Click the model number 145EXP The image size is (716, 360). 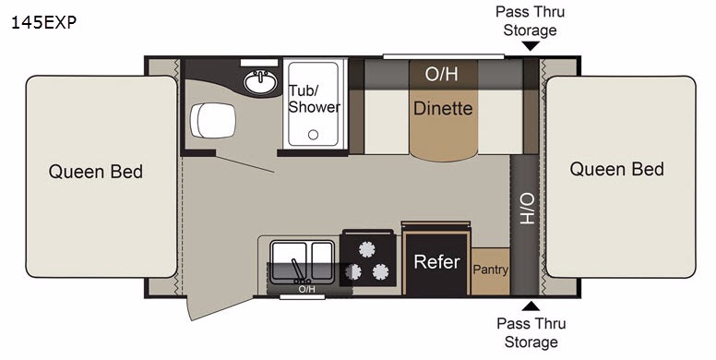click(43, 22)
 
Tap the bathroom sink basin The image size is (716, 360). click(260, 82)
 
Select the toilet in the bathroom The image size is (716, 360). click(213, 120)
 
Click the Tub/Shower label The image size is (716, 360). click(314, 99)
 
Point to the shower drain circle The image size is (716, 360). click(313, 135)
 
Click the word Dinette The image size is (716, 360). click(443, 108)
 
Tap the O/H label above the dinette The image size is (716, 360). click(441, 73)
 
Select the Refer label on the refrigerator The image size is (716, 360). click(436, 262)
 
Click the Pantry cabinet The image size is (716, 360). click(491, 271)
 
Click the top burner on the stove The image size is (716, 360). click(366, 249)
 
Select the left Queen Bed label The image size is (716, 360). click(96, 172)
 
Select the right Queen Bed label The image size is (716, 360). click(616, 170)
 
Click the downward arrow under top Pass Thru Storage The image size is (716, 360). click(531, 46)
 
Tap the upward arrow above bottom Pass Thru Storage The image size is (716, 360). click(531, 306)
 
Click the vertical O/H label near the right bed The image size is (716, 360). click(527, 209)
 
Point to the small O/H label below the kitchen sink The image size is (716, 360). click(306, 289)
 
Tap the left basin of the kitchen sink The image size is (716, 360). click(289, 261)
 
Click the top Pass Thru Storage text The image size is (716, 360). click(531, 21)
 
